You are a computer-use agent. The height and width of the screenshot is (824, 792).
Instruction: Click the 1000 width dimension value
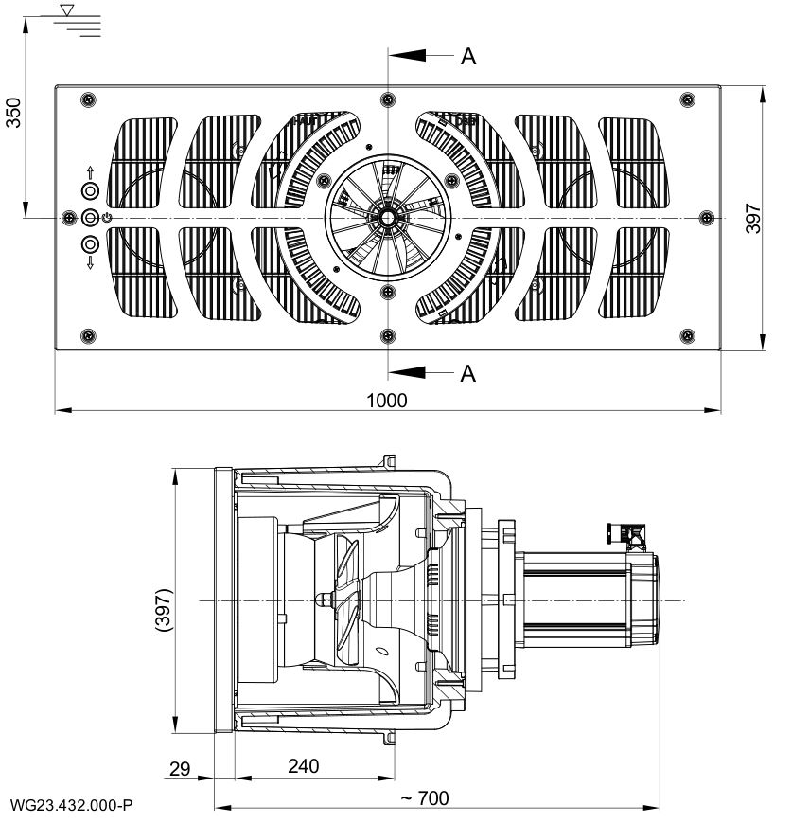coord(388,401)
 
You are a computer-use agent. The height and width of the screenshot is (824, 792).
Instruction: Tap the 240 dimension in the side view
coord(304,765)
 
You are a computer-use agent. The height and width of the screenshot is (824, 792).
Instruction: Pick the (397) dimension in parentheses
coord(162,615)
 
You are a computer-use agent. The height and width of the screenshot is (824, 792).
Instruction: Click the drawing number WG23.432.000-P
coord(69,805)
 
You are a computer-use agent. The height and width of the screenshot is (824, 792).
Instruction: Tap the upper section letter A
coord(467,57)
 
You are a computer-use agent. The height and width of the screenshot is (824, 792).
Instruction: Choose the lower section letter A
coord(467,373)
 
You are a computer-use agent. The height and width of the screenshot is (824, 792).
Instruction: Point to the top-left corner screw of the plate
coord(88,99)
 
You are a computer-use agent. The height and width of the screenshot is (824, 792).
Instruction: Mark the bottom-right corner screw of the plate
coord(688,334)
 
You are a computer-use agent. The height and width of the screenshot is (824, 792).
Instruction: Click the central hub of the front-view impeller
coord(387,217)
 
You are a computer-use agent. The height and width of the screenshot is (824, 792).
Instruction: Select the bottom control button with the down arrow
coord(90,244)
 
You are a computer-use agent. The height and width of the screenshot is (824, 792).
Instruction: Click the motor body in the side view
coord(572,599)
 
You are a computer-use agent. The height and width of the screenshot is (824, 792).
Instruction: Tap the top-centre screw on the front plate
coord(387,99)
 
